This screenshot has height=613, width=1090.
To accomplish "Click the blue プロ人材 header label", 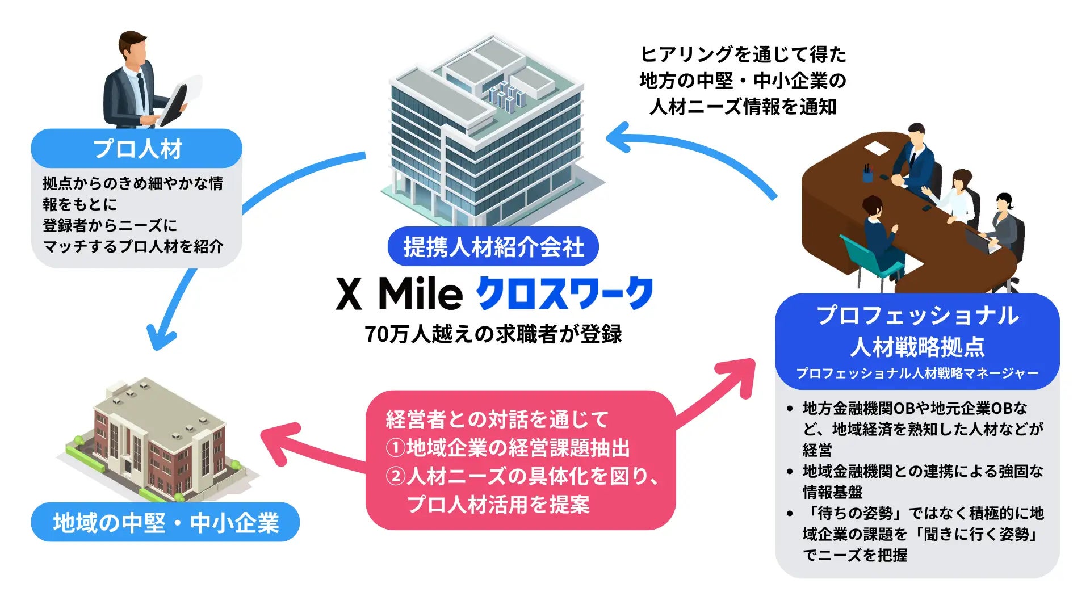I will pyautogui.click(x=137, y=149).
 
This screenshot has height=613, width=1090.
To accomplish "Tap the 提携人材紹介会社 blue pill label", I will pyautogui.click(x=493, y=247).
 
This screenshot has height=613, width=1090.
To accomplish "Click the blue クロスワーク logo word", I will pyautogui.click(x=564, y=294).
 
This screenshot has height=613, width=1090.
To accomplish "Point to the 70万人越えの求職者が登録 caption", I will pyautogui.click(x=493, y=334).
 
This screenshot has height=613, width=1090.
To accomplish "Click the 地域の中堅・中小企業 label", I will pyautogui.click(x=165, y=522).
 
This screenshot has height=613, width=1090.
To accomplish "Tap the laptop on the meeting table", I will pyautogui.click(x=981, y=241).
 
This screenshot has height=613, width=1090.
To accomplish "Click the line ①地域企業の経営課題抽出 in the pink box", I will pyautogui.click(x=508, y=448).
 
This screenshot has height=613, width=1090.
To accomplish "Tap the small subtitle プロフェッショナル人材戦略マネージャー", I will pyautogui.click(x=917, y=373).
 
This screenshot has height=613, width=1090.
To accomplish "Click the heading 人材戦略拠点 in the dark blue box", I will pyautogui.click(x=917, y=346).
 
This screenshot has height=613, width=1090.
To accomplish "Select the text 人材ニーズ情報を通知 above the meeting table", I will pyautogui.click(x=743, y=106).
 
